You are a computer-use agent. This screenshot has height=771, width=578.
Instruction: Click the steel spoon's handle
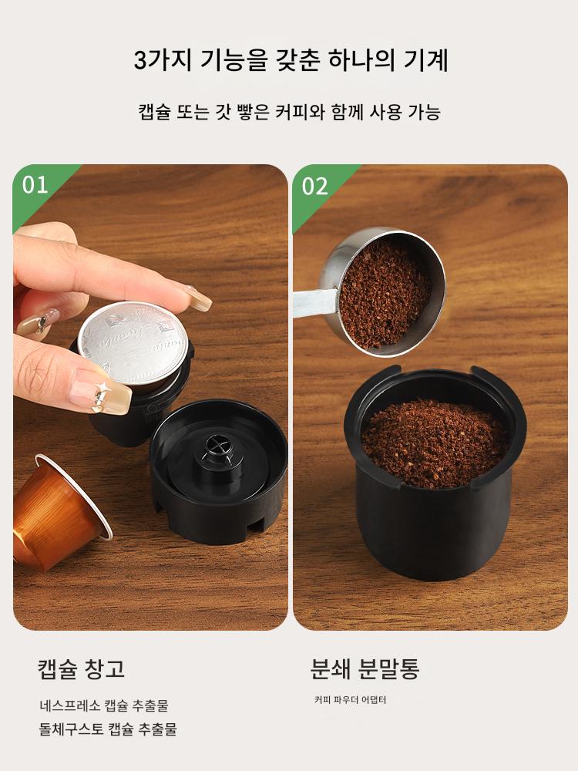[x=315, y=301]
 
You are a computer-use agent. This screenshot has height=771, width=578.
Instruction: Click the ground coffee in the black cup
[x=435, y=443]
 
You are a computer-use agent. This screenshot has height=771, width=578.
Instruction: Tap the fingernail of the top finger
[x=199, y=298]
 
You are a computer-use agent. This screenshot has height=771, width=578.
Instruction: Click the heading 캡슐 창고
[x=82, y=669]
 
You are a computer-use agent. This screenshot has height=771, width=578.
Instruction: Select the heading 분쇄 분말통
[x=365, y=668]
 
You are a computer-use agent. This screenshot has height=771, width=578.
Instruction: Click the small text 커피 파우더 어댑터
[x=351, y=700]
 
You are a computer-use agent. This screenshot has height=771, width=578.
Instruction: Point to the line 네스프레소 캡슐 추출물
[x=104, y=705]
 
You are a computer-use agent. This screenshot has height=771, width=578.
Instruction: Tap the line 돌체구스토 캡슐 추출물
[x=108, y=729]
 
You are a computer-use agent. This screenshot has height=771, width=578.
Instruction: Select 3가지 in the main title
[x=162, y=60]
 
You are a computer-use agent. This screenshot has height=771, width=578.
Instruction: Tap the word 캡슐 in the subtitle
[x=154, y=112]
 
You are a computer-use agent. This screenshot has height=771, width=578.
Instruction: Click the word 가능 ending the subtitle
[x=424, y=112]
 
